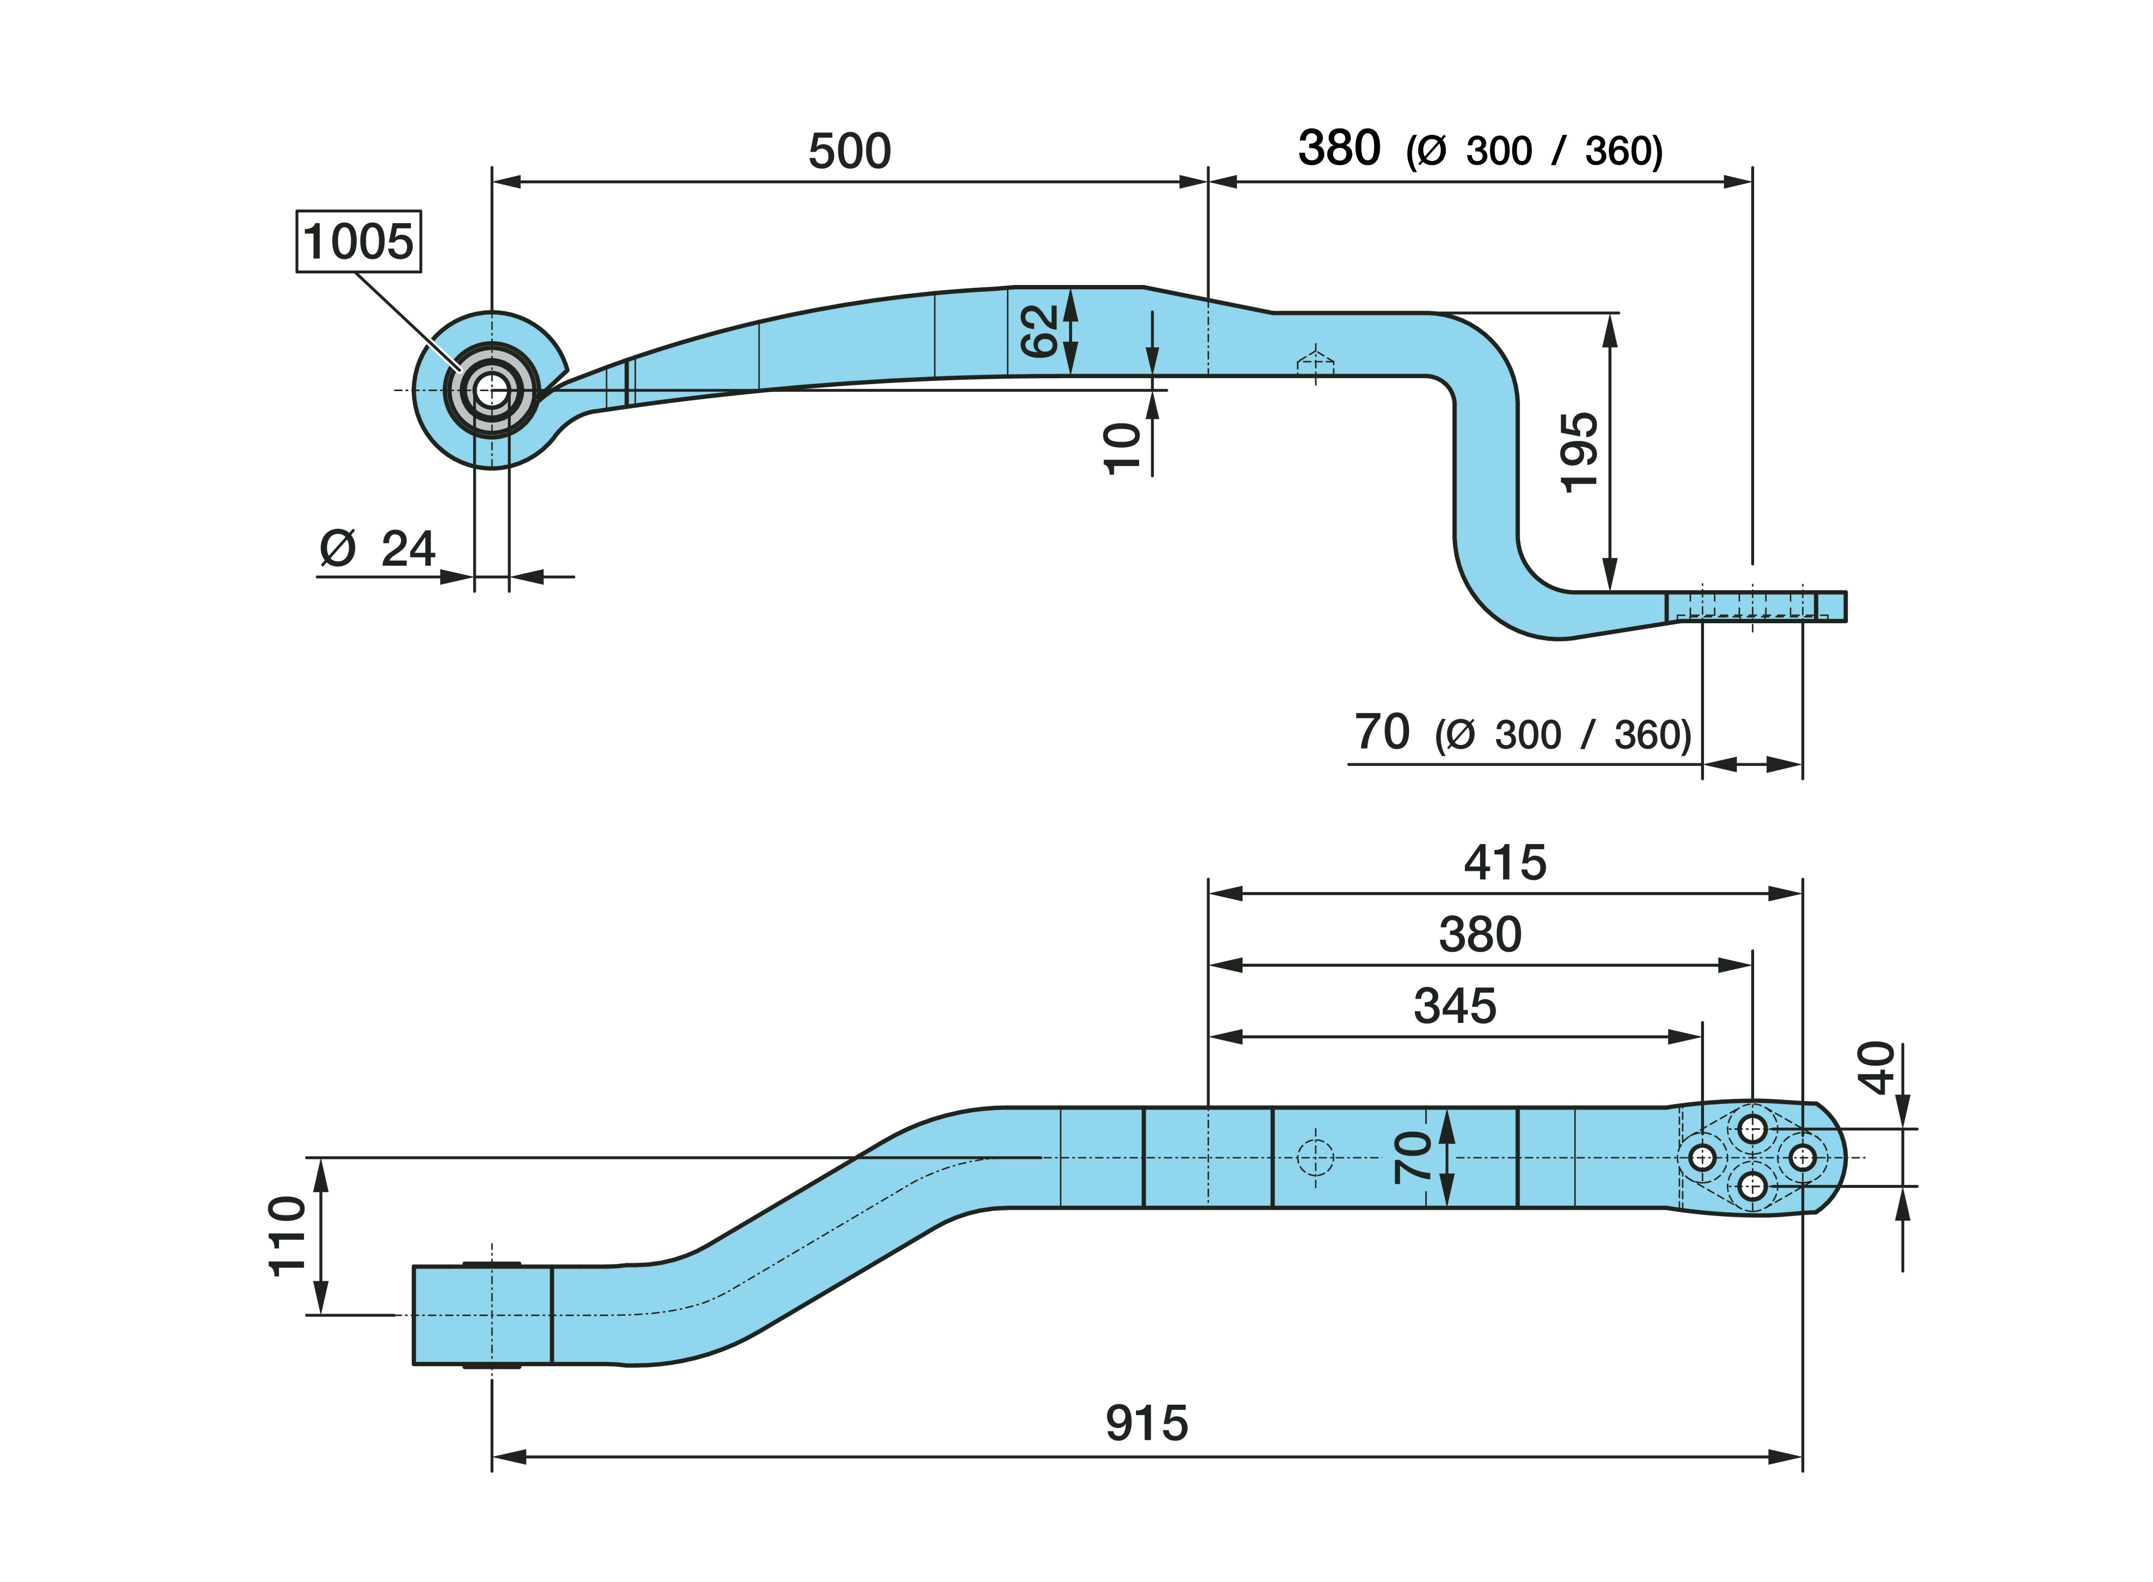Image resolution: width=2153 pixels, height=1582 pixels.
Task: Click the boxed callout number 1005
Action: coord(358,241)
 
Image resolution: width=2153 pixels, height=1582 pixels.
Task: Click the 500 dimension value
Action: coord(849,151)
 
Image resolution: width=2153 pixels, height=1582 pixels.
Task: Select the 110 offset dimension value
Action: coord(287,1236)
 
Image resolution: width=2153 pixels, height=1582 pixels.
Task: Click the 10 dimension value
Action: coord(1122,448)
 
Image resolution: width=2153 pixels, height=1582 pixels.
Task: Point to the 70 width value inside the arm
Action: coord(1413,1157)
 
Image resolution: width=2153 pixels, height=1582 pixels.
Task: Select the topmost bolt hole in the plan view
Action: coord(1752,1129)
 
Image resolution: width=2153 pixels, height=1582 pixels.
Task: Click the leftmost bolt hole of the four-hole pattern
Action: coord(1702,1158)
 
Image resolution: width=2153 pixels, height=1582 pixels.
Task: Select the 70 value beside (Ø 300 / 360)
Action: coord(1381,732)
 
